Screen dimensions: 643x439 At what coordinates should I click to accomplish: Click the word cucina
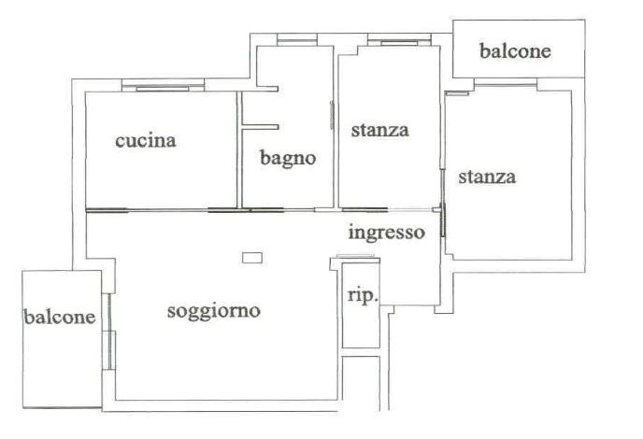[146, 141]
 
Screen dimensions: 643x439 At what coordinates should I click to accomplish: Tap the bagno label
[288, 158]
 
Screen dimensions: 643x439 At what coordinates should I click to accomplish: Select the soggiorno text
[214, 311]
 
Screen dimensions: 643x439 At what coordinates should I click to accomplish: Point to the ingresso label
[386, 233]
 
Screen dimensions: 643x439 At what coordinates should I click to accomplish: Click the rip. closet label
[363, 296]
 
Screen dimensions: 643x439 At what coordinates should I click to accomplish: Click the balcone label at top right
[515, 51]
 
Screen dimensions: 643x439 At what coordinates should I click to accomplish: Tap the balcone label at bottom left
[60, 317]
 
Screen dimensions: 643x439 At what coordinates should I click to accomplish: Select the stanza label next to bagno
[380, 131]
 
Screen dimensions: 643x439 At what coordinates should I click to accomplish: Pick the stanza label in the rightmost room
[487, 177]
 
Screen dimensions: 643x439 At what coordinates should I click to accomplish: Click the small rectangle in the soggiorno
[252, 258]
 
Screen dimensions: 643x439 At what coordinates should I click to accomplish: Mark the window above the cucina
[163, 87]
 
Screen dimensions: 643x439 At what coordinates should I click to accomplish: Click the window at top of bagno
[297, 40]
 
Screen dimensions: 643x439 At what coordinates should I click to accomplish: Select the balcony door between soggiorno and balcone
[109, 332]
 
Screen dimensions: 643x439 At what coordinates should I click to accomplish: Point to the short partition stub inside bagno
[261, 127]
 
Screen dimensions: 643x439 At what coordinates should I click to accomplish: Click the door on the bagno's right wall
[332, 115]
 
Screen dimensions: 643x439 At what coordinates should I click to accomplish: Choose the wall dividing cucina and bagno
[239, 149]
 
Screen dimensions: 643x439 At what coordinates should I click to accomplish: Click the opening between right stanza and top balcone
[506, 85]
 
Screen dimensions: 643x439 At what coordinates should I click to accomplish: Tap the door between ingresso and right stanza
[442, 219]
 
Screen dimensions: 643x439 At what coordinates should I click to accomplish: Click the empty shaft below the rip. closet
[362, 383]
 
